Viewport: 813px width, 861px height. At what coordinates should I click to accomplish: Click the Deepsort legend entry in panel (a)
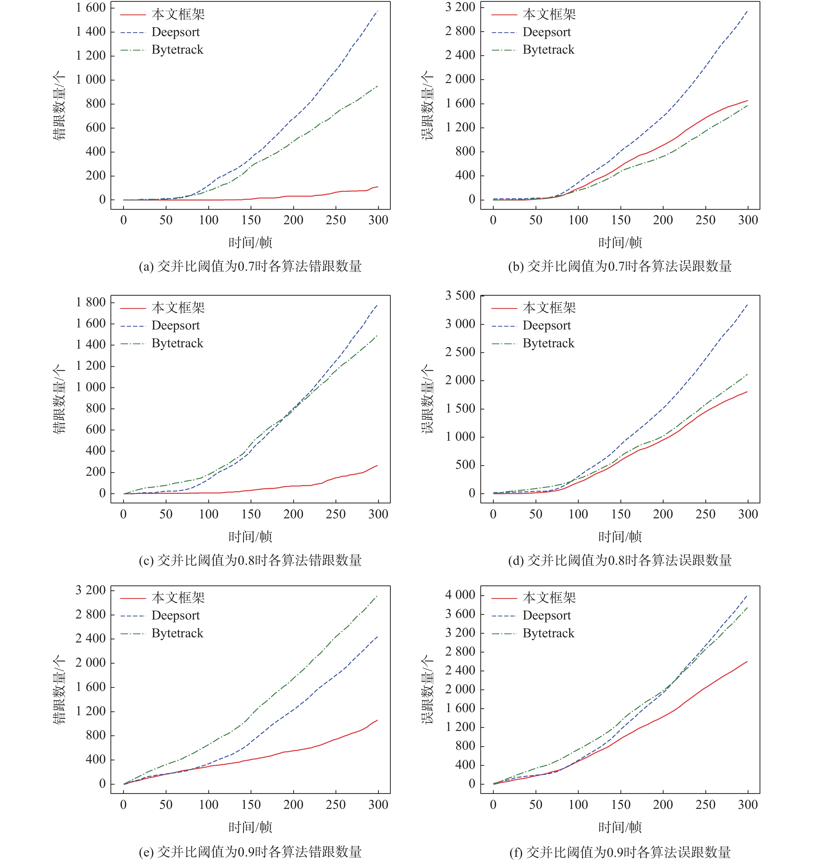176,32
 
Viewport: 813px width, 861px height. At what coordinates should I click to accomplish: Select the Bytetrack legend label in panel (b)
548,50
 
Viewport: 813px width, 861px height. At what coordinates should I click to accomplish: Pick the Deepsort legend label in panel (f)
546,615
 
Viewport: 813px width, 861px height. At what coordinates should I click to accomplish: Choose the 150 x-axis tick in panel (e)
251,805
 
